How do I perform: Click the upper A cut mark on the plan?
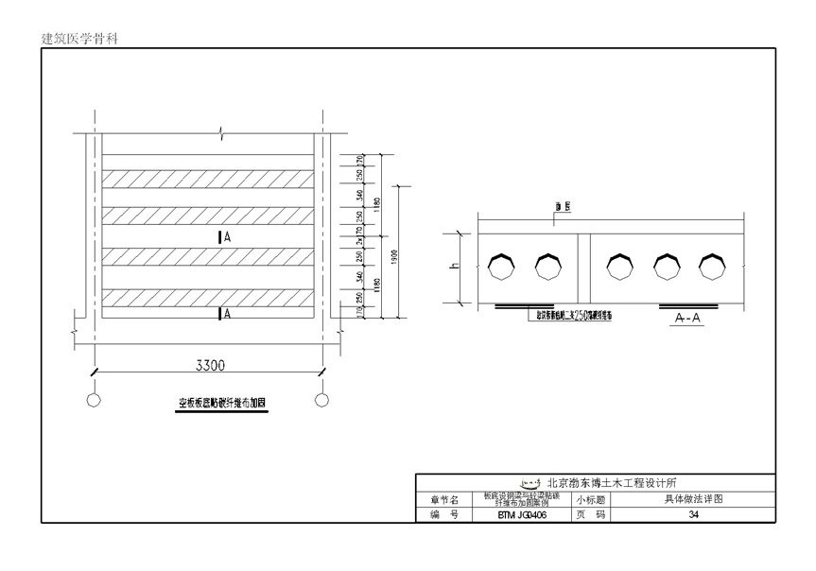coord(224,238)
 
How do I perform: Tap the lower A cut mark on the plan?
coord(224,314)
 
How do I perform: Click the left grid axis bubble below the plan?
coord(94,400)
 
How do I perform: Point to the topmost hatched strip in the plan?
coord(208,178)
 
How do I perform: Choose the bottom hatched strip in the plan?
coord(208,299)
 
